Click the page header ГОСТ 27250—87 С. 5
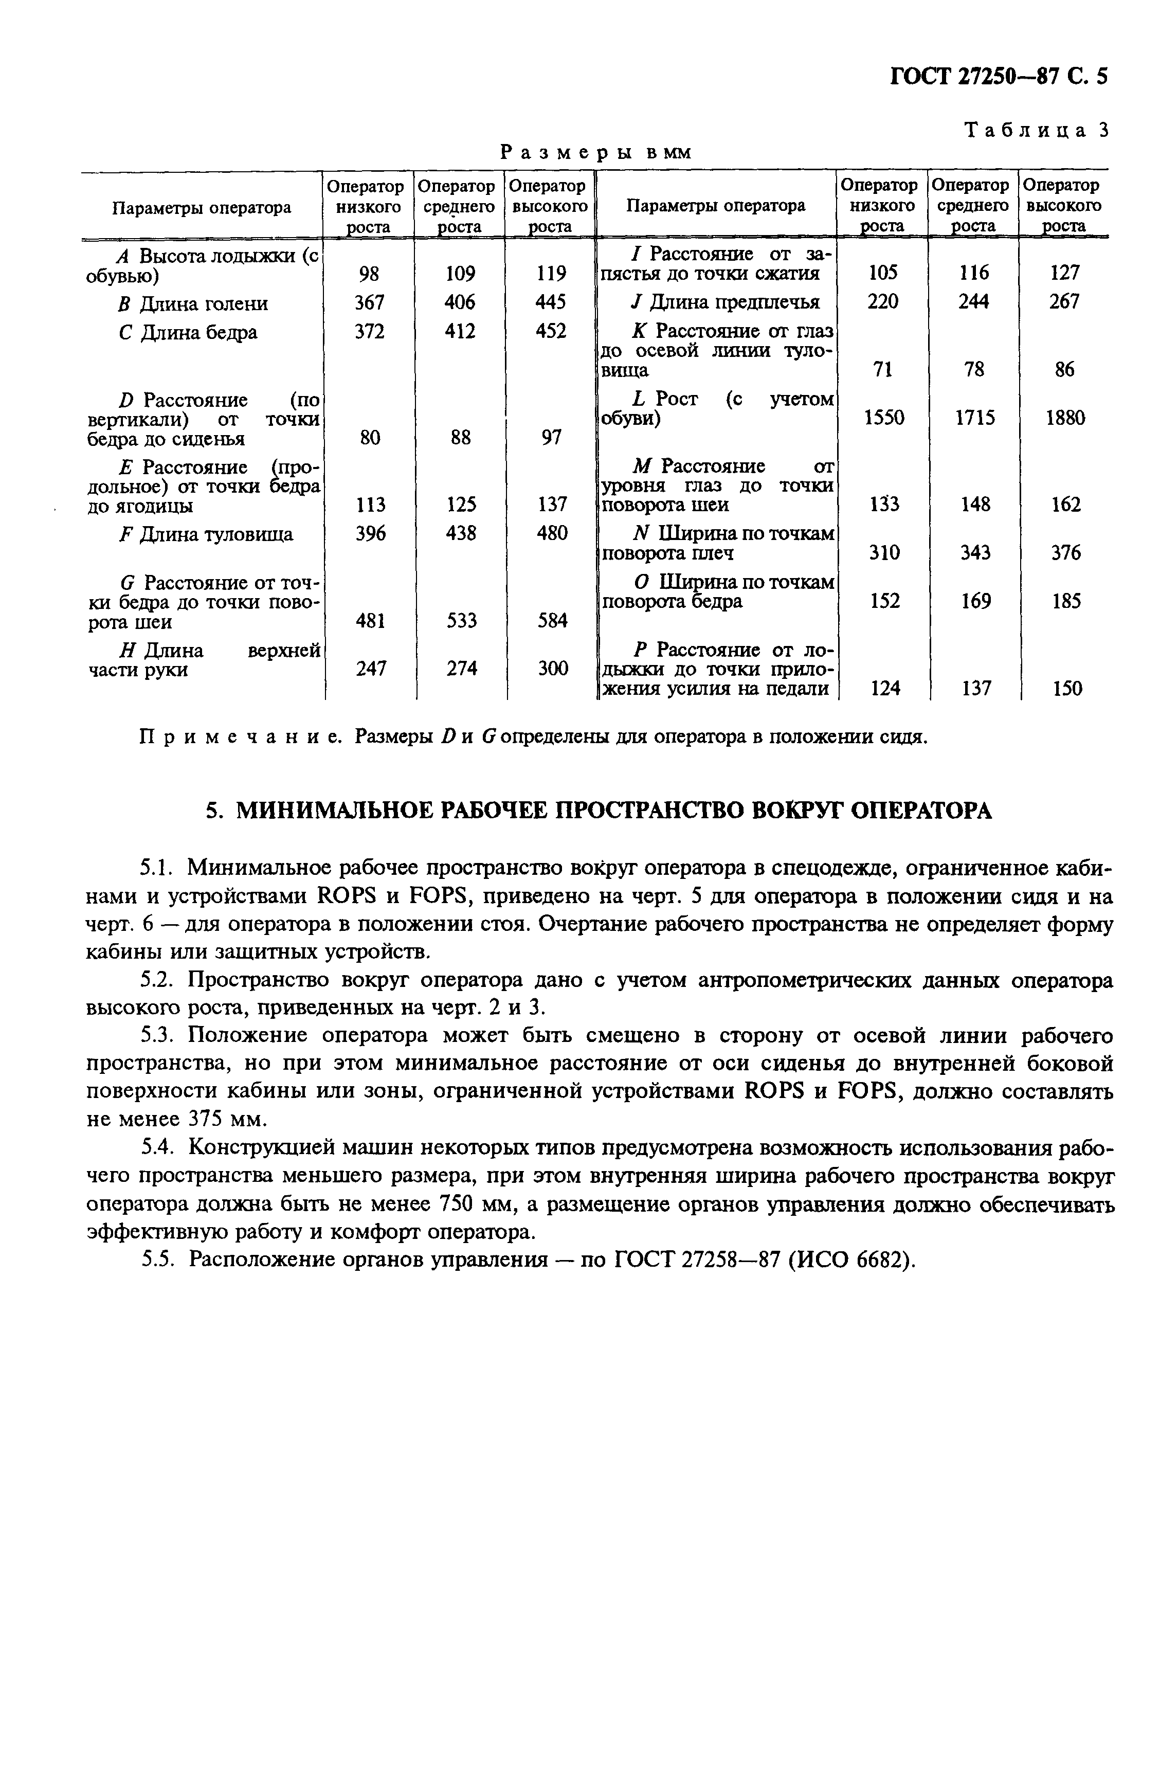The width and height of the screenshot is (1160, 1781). [999, 76]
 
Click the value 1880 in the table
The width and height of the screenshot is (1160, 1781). [1064, 418]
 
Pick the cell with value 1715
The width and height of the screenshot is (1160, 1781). [974, 418]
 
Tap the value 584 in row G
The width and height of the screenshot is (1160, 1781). [552, 620]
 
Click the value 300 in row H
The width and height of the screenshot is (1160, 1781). [552, 668]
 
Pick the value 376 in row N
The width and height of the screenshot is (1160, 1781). [1065, 553]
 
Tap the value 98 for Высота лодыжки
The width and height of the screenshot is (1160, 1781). [369, 275]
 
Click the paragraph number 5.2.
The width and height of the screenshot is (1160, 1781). [157, 980]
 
